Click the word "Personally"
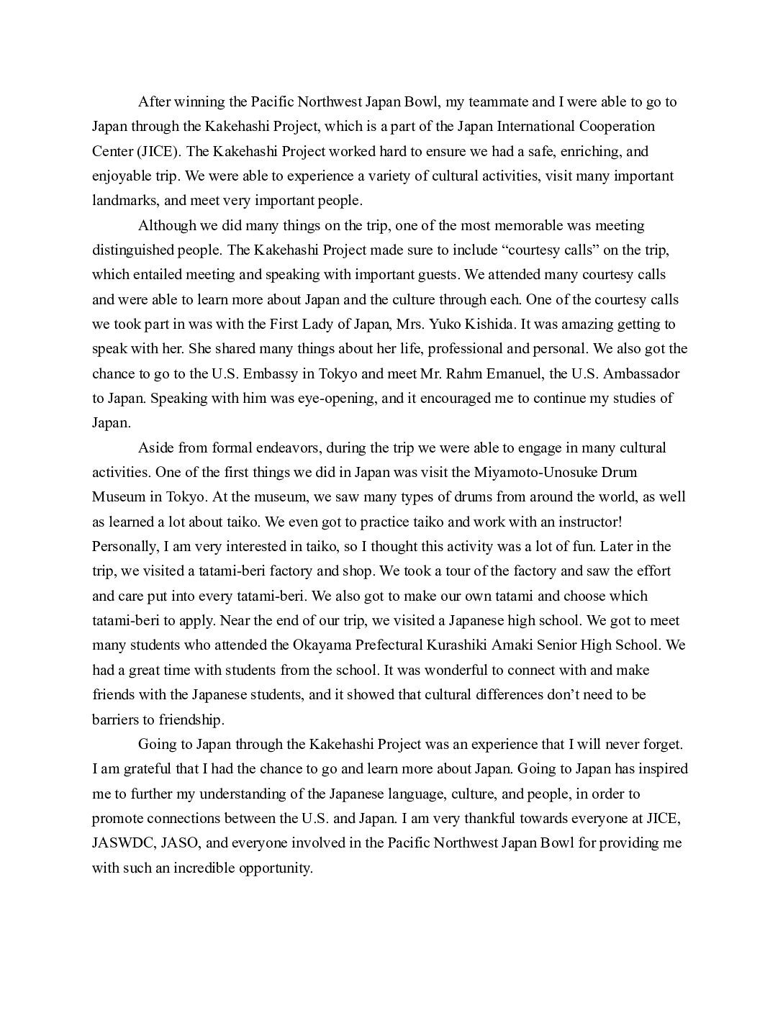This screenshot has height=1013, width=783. point(124,546)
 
